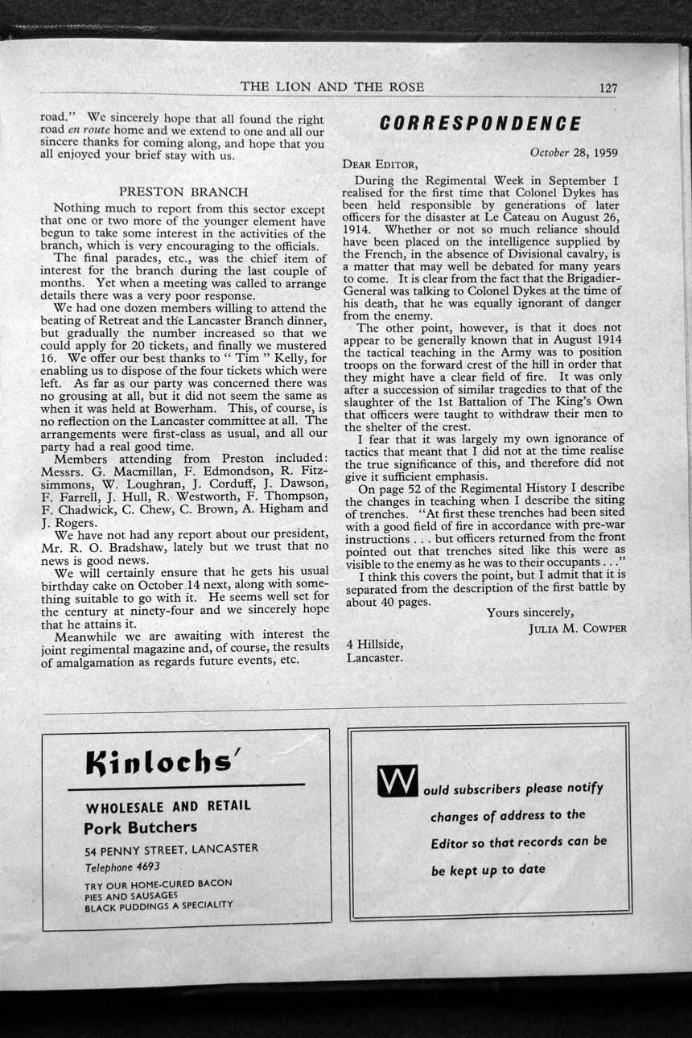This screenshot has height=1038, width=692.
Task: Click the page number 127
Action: point(608,88)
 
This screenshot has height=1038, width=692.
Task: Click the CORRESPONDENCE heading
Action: point(480,123)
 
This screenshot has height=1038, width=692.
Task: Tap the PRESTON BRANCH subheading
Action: point(183,192)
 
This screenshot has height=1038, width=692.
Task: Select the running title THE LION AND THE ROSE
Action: point(332,87)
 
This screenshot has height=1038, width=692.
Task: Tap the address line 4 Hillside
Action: point(374,644)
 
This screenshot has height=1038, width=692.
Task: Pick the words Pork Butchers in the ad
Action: point(140,826)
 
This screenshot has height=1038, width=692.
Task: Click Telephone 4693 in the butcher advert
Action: point(122,867)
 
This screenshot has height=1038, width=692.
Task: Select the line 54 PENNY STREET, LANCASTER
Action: point(171,849)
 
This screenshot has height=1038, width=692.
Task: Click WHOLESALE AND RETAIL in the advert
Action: point(167,806)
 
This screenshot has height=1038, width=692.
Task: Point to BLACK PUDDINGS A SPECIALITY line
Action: point(159,905)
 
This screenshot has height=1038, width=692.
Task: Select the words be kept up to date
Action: point(488,870)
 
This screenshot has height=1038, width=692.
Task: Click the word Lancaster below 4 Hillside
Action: point(375,657)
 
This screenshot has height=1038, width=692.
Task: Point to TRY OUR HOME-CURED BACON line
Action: point(158,884)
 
